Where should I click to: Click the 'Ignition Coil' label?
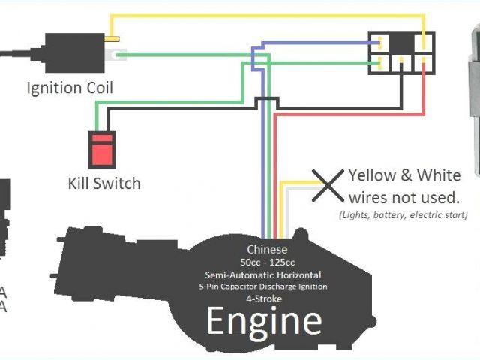coord(70,88)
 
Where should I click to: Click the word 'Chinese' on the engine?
coord(268,250)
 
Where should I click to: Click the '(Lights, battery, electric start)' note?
coord(403,214)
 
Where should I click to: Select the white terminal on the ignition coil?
coord(118,54)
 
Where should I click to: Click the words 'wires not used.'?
coord(403,197)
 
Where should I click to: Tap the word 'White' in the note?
coord(439,176)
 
